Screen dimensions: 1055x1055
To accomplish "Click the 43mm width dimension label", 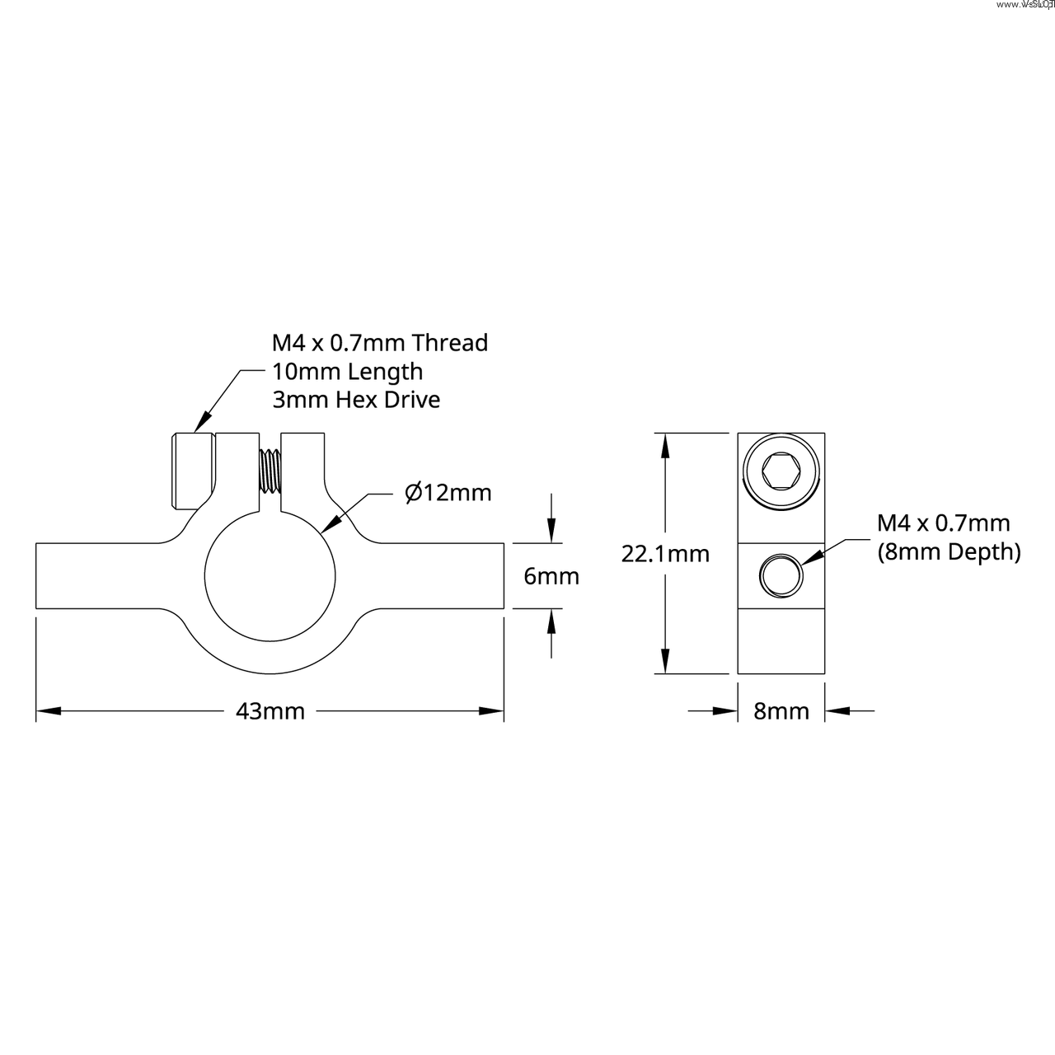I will [270, 710].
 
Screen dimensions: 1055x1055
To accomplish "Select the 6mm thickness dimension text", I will [551, 576].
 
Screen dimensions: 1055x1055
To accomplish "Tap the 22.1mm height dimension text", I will [665, 553].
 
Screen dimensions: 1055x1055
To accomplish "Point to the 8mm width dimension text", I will [781, 710].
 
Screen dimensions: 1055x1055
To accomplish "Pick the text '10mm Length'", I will [347, 371].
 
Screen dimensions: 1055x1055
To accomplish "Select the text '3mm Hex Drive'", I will [356, 400].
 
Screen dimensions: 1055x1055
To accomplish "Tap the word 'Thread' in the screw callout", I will [449, 342].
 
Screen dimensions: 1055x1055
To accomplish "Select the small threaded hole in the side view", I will [781, 575].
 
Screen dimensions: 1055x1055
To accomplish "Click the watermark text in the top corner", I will [1025, 5].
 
